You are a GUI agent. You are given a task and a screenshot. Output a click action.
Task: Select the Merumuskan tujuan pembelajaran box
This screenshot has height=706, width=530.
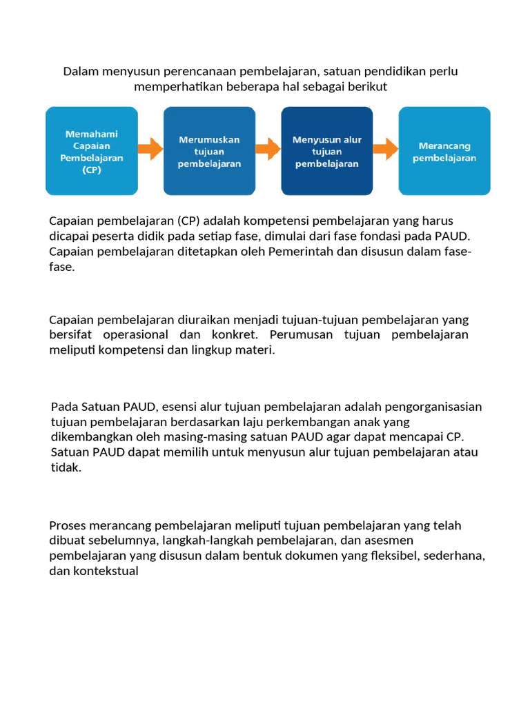(209, 151)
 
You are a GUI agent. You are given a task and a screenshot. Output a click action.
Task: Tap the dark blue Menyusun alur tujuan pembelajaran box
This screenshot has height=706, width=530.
(326, 151)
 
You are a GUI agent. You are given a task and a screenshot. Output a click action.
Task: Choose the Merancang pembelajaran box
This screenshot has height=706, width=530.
(444, 151)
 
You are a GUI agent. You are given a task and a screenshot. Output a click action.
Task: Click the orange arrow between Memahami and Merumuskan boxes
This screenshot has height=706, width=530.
(150, 148)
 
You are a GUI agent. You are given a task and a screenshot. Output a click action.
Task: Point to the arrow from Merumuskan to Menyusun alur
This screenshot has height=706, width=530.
(268, 148)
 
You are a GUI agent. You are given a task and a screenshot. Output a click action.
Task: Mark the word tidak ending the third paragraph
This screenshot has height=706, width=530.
(66, 467)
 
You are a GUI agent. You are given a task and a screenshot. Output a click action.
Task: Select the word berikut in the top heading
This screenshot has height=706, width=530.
(368, 87)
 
